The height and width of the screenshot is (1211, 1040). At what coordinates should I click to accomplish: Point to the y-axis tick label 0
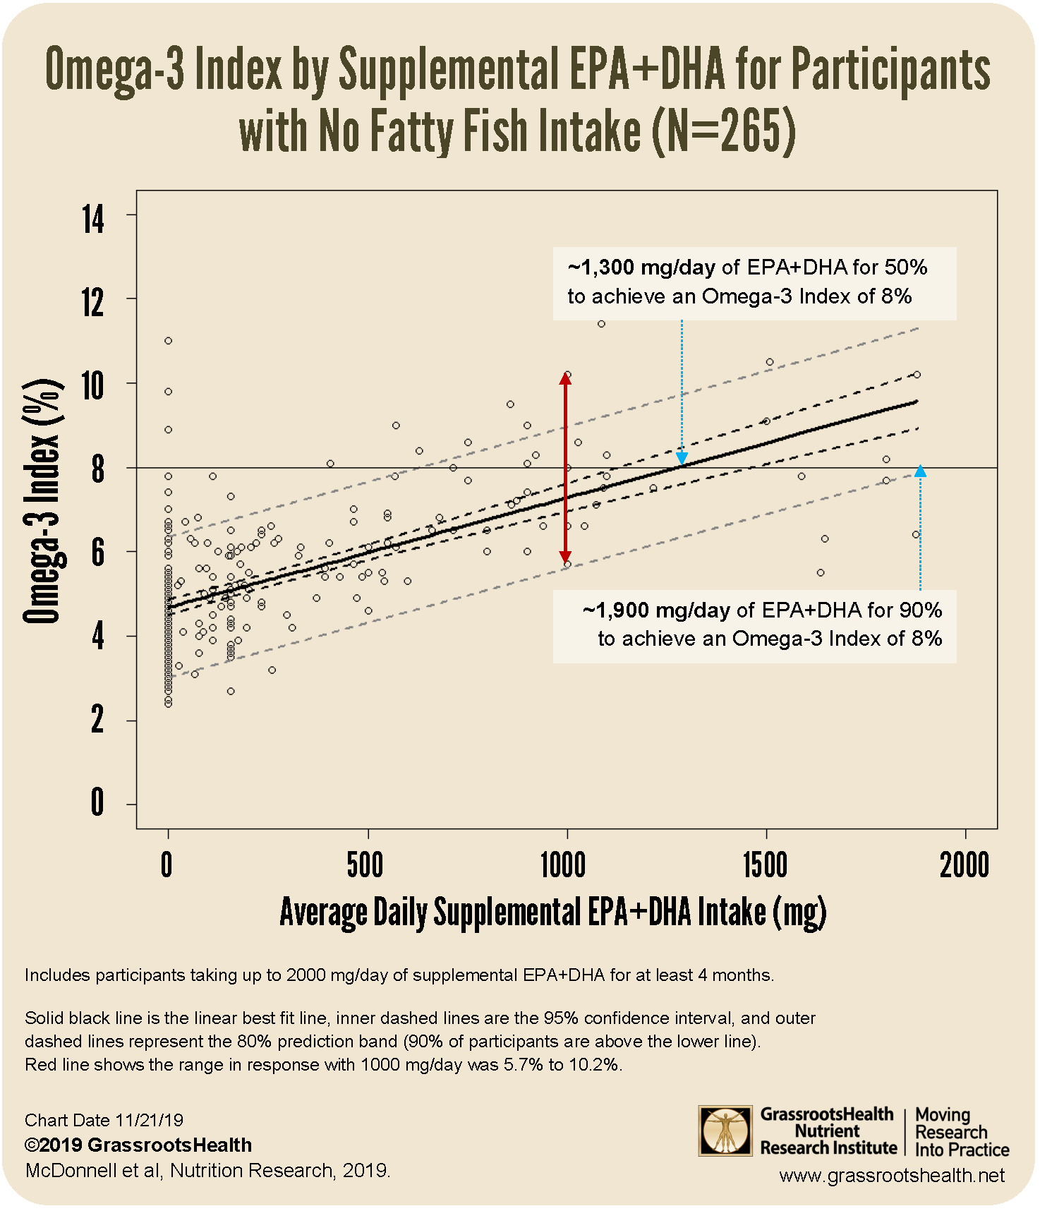point(97,803)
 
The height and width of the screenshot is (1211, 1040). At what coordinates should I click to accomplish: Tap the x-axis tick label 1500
point(765,865)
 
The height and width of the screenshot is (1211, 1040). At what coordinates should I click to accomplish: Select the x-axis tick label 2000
point(964,865)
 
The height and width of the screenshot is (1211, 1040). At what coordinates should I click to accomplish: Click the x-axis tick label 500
point(365,865)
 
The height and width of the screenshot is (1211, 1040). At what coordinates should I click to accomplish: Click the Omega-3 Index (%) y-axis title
point(42,501)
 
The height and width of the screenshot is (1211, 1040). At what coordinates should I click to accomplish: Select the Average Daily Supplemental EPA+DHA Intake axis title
point(552,912)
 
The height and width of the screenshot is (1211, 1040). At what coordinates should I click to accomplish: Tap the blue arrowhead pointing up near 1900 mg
point(920,471)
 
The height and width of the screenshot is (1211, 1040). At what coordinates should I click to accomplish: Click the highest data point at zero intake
point(168,341)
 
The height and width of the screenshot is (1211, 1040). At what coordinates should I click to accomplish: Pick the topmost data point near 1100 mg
point(601,324)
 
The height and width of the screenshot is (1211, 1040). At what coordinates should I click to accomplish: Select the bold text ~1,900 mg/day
point(656,610)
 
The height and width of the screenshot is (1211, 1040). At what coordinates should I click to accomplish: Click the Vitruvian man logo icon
point(725,1131)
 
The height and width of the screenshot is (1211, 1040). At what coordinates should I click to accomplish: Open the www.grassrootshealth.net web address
point(892,1176)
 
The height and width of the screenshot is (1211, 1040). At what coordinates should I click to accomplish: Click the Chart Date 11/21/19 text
point(104,1120)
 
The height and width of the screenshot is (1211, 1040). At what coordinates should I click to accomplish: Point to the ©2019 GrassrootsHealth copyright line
point(138,1145)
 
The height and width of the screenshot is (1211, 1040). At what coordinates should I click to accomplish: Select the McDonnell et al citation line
point(207,1170)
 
